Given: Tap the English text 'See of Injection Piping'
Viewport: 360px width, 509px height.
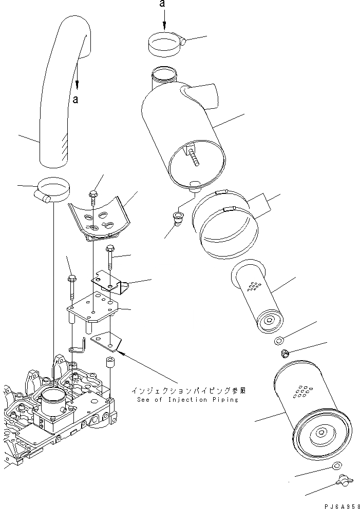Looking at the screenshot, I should [187, 400].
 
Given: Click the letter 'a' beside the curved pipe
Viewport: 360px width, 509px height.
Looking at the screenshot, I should [75, 100].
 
